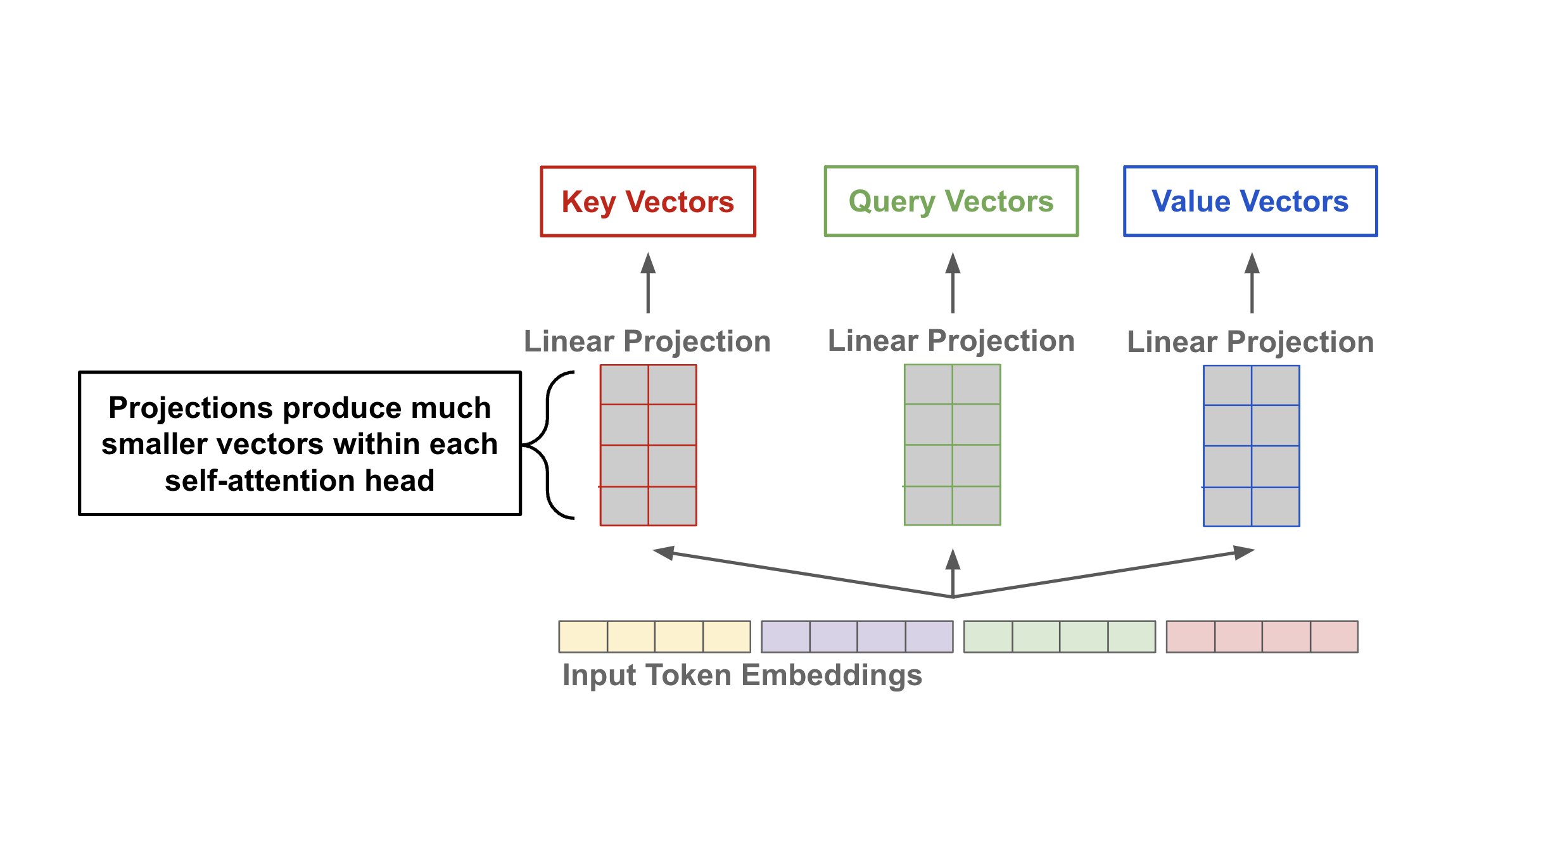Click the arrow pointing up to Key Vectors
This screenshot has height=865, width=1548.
(648, 282)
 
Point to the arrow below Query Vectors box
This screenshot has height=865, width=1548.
(953, 282)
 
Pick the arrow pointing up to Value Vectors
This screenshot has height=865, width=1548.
(1252, 282)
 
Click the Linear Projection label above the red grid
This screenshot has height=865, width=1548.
(647, 342)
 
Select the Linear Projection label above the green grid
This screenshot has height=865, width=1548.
(951, 341)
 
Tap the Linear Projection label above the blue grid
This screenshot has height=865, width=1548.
(1250, 343)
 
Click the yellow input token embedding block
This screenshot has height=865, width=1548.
(655, 636)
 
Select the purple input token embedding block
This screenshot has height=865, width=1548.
(857, 636)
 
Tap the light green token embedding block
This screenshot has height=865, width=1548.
(1060, 636)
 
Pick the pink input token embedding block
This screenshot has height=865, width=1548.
(1262, 636)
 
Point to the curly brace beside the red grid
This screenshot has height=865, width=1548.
(547, 445)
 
